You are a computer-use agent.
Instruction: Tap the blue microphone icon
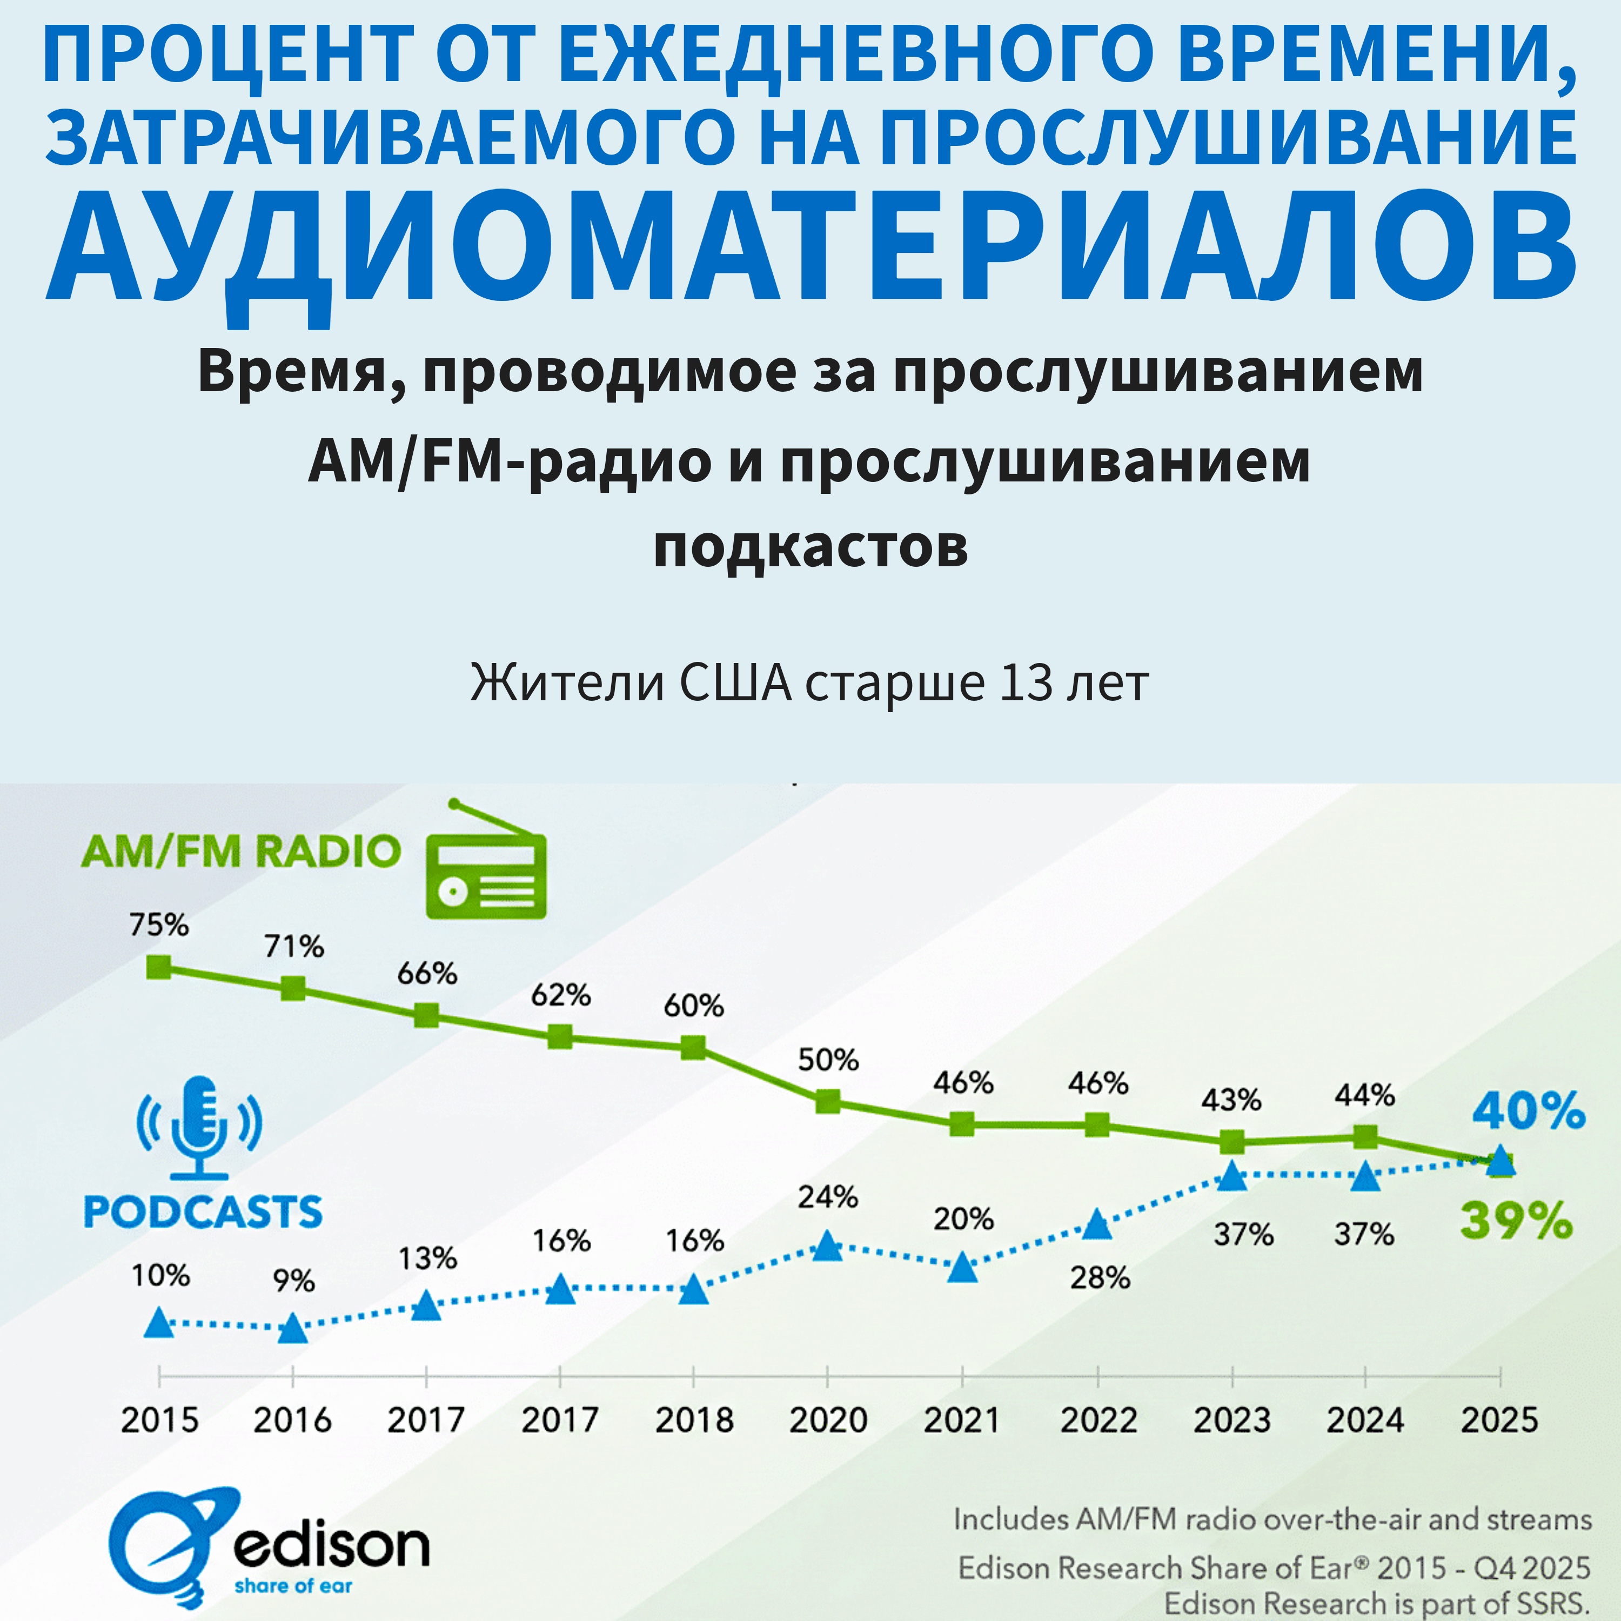click(199, 1126)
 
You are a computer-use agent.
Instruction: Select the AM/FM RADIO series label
click(241, 852)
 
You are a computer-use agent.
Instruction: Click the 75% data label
click(158, 925)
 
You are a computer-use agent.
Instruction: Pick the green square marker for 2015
click(158, 967)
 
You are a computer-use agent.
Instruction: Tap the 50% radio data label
click(827, 1060)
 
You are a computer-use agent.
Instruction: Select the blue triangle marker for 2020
click(827, 1246)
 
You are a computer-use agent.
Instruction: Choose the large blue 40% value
click(1529, 1111)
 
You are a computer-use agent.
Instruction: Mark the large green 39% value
click(1515, 1220)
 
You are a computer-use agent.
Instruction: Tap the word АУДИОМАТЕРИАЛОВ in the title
click(810, 245)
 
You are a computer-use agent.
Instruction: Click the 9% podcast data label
click(293, 1281)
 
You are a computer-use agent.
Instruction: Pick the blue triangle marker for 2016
click(293, 1328)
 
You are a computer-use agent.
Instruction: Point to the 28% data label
click(1099, 1278)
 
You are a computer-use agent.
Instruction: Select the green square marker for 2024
click(1365, 1137)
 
